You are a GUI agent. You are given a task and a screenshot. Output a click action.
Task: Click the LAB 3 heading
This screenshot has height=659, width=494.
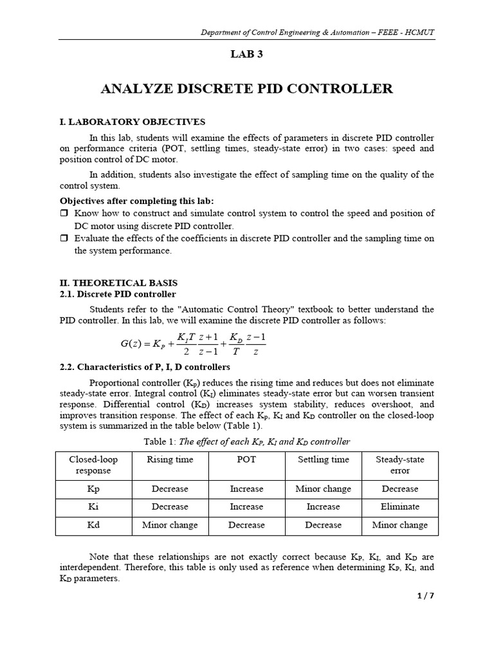tap(246, 55)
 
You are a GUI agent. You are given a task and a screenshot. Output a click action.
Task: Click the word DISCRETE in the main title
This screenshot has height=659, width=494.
tap(216, 89)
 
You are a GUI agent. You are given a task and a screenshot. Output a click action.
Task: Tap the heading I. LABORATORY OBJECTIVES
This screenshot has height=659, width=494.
tap(133, 122)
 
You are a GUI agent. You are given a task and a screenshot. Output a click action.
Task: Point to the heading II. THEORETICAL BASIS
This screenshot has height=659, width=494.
tap(119, 283)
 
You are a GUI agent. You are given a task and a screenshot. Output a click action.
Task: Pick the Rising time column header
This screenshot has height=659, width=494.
tap(170, 459)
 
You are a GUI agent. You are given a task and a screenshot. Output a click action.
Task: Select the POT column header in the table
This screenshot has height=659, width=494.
tap(246, 459)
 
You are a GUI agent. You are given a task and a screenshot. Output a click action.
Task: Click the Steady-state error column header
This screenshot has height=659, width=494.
tap(399, 465)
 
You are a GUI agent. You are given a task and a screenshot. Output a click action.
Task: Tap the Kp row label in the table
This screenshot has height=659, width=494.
tap(93, 489)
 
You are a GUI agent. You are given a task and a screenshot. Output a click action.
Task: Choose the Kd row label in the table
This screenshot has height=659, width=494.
tap(93, 525)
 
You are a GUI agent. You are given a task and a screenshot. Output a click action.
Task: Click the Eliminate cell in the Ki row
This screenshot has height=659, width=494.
tap(399, 507)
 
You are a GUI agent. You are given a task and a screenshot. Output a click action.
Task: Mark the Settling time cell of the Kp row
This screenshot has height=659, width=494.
tap(323, 489)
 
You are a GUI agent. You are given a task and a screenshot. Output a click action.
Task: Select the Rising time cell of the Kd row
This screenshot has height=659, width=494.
tap(170, 525)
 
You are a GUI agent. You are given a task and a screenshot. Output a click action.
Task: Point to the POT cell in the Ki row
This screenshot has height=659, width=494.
tap(246, 507)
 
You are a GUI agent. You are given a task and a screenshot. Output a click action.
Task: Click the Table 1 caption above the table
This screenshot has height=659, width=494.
tap(246, 441)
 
